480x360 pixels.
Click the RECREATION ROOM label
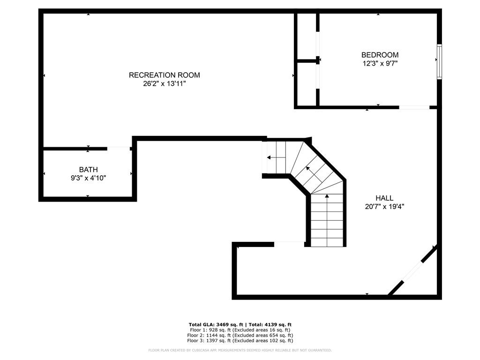point(165,75)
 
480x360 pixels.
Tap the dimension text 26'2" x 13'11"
point(165,83)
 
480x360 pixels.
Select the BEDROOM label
point(380,55)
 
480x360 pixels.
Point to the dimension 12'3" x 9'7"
point(380,63)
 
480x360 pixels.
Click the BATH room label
point(89,170)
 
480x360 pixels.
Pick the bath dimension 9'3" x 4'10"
point(89,178)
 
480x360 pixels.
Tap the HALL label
point(384,198)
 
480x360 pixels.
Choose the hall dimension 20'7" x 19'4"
point(384,207)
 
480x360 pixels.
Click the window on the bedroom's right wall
point(439,61)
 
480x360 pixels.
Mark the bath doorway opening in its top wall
point(119,149)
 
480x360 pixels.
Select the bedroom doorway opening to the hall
point(414,107)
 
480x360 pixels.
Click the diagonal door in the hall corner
point(412,270)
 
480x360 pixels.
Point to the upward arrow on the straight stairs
point(327,220)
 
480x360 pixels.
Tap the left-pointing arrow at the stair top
point(276,157)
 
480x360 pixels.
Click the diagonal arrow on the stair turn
point(314,174)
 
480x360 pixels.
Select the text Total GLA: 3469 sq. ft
point(216,324)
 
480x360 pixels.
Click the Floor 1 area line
point(240,330)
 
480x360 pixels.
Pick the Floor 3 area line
point(240,340)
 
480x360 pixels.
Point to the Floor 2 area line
point(240,335)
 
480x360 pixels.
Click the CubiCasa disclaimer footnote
point(240,350)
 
